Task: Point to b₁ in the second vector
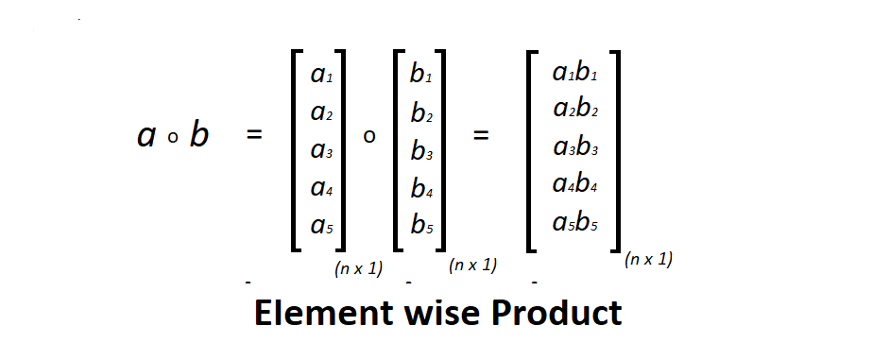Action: pos(421,75)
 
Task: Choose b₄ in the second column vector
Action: pos(421,188)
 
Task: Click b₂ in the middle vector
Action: pos(421,112)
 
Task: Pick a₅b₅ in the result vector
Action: pos(575,223)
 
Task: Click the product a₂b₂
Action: pos(575,109)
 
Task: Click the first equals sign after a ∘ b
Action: pos(252,135)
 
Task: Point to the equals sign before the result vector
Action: pos(481,135)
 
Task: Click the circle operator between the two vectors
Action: pos(369,137)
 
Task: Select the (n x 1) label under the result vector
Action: pos(648,259)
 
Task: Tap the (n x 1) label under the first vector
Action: pos(358,268)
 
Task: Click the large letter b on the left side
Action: pos(198,135)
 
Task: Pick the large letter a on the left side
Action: pos(146,137)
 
